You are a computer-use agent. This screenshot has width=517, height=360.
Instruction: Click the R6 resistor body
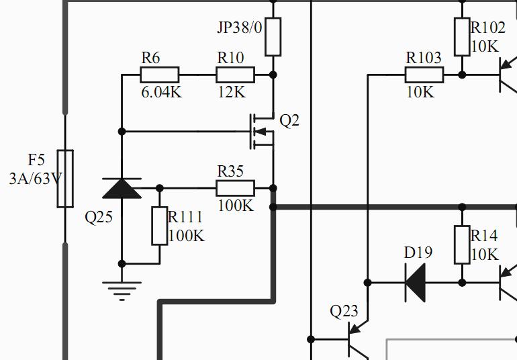point(160,75)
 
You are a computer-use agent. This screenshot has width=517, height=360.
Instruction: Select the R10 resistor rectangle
point(236,75)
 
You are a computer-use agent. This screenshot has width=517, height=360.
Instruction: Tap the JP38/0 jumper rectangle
point(273,37)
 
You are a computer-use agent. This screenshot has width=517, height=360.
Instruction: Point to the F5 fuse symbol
point(65,179)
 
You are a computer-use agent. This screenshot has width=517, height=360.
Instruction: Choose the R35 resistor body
point(236,188)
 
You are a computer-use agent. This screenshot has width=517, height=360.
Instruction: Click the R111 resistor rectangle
point(160,226)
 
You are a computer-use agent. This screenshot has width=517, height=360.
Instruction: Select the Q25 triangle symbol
point(122,189)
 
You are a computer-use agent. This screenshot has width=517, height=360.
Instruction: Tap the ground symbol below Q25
point(122,291)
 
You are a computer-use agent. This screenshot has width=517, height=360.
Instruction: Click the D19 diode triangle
point(415,283)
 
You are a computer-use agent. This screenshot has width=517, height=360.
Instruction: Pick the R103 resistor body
point(424,75)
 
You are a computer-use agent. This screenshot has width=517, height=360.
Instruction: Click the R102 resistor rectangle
point(462,37)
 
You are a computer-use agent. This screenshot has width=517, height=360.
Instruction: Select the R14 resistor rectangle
point(462,245)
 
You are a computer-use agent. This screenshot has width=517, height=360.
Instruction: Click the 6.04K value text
point(162,93)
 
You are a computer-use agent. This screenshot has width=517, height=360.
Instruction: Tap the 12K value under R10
point(232,93)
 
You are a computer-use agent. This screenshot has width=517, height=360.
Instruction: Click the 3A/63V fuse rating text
point(36,179)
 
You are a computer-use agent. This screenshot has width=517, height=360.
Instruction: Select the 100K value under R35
point(236,206)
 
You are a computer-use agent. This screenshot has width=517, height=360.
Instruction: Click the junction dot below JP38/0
point(273,75)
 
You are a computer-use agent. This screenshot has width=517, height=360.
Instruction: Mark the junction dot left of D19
point(368,283)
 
